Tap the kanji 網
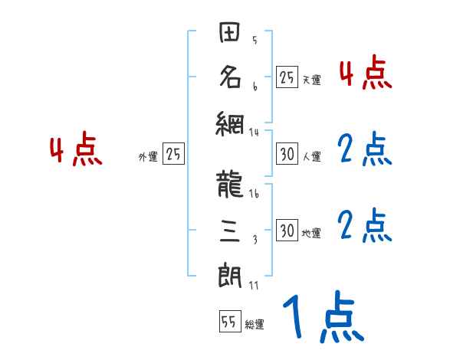(231, 121)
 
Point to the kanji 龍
(231, 185)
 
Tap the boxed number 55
(228, 322)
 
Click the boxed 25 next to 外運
(173, 155)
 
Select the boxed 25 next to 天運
(287, 77)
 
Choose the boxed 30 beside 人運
(287, 155)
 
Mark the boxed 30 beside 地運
(287, 231)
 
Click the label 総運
(255, 325)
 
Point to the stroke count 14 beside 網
(254, 132)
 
